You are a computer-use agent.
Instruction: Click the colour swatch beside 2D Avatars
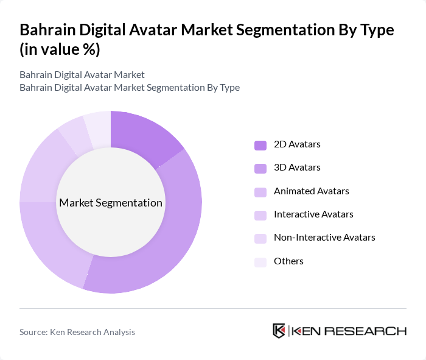(x=260, y=145)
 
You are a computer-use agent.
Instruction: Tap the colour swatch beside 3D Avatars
(x=260, y=168)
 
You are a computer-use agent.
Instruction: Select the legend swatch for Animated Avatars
(x=260, y=191)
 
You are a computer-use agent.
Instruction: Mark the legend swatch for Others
(x=260, y=262)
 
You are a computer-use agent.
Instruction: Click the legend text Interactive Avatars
(x=313, y=214)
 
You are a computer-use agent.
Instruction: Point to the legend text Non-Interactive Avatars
(x=324, y=238)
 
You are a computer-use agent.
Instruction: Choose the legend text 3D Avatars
(x=297, y=168)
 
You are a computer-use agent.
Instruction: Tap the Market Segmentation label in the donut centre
(x=111, y=203)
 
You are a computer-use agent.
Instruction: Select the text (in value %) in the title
(x=60, y=50)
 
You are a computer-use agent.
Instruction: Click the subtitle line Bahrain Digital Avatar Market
(x=82, y=75)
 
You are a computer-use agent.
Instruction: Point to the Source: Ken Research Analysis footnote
(x=77, y=332)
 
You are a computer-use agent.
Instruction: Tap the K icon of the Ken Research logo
(x=279, y=331)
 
